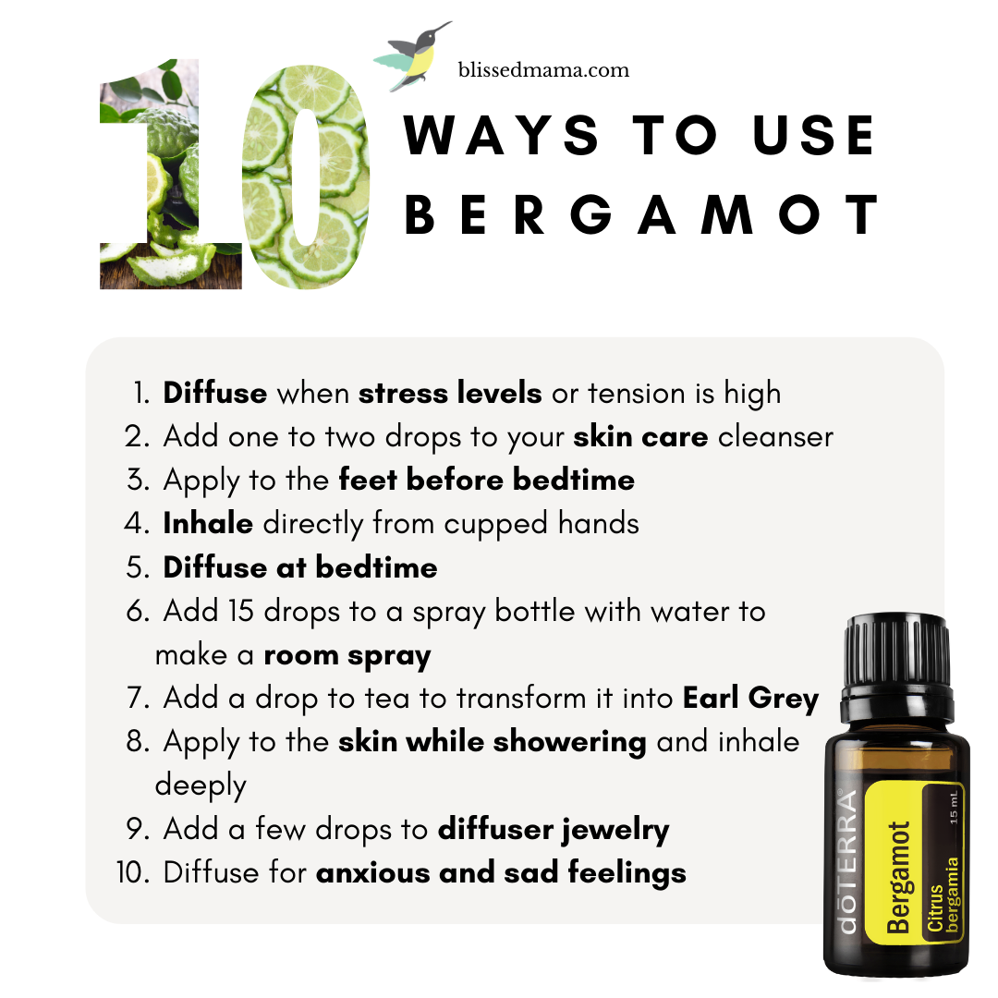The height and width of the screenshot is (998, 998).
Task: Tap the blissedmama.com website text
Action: coord(543,69)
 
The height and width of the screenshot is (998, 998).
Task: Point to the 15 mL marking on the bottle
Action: coord(953,808)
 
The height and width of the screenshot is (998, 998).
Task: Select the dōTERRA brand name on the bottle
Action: coord(847,862)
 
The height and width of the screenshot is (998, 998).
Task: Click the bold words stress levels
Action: coord(450,393)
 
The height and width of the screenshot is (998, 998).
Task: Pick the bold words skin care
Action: coord(640,436)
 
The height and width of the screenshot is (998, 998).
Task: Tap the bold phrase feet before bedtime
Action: coord(486,480)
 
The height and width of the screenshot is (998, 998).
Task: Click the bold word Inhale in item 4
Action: coord(208,523)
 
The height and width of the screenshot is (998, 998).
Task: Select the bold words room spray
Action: coord(347,655)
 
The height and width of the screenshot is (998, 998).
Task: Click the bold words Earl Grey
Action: coord(750,699)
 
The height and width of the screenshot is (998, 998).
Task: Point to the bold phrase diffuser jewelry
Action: coord(554,830)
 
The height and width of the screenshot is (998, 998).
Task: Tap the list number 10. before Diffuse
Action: coord(133,872)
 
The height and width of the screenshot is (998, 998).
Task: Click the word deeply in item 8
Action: coord(201,786)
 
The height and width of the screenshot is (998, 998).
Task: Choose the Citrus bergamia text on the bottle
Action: coord(943,895)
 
